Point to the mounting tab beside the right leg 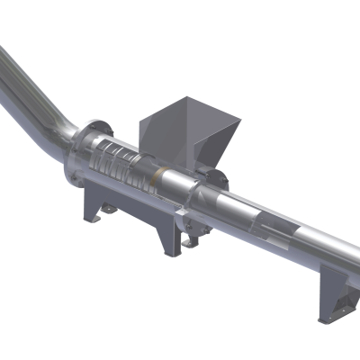coord(190,241)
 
